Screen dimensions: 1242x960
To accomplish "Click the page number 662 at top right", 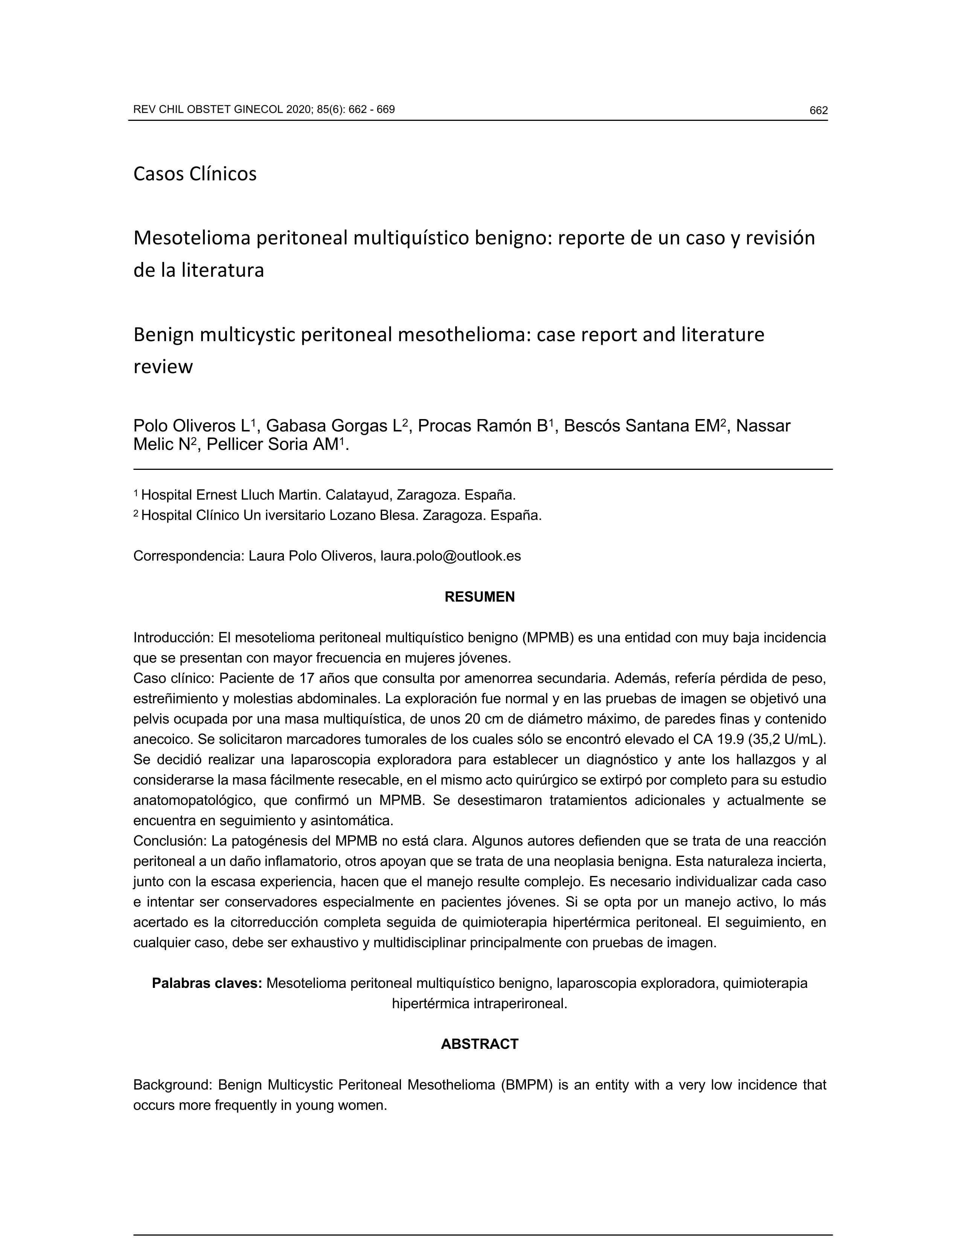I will pyautogui.click(x=818, y=111).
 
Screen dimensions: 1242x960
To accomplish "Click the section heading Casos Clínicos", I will pyautogui.click(x=195, y=174).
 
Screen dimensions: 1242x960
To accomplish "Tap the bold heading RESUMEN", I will pyautogui.click(x=479, y=597).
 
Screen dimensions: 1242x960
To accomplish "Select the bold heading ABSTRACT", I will pyautogui.click(x=479, y=1044).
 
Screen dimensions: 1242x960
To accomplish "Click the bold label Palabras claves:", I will pyautogui.click(x=206, y=983).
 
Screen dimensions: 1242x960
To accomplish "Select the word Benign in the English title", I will pyautogui.click(x=163, y=335).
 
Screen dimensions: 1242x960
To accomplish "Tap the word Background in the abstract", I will pyautogui.click(x=172, y=1085).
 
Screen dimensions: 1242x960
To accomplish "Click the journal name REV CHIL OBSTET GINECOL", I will pyautogui.click(x=208, y=110).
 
